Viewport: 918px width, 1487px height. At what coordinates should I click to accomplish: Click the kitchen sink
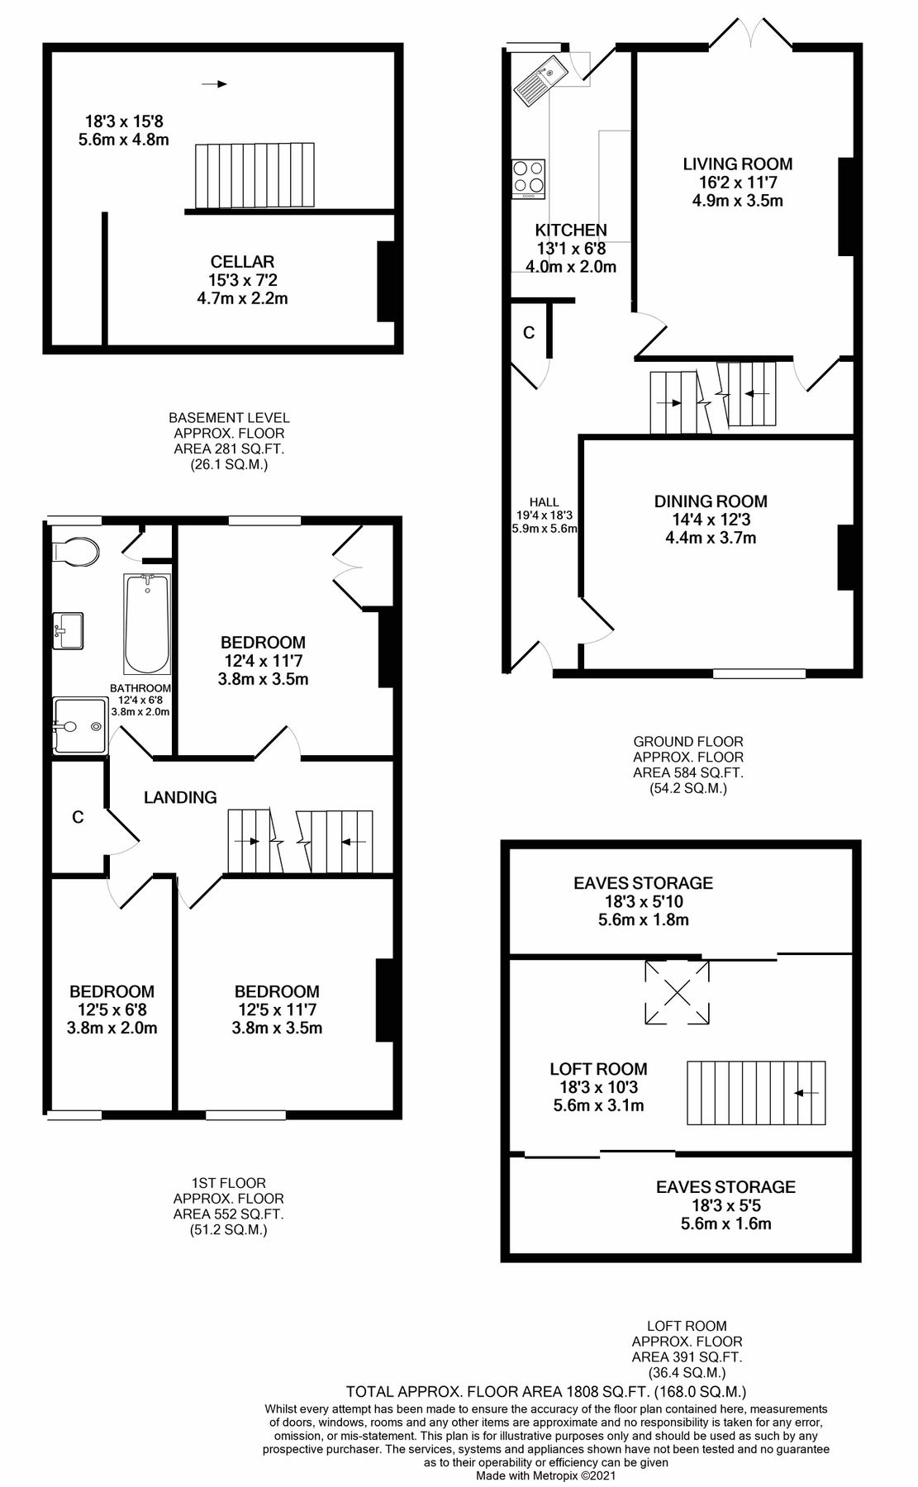538,79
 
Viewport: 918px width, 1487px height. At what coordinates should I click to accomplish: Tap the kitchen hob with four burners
529,176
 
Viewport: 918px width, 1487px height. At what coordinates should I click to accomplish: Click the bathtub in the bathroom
147,625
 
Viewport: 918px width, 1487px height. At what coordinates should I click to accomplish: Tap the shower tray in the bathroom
80,726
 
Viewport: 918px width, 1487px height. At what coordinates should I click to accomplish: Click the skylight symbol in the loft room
676,991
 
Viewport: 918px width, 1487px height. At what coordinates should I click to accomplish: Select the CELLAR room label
242,262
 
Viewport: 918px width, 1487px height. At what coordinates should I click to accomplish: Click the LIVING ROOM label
737,164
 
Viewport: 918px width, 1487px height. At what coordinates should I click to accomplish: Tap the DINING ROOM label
711,501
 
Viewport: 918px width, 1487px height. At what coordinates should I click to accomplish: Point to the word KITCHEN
571,230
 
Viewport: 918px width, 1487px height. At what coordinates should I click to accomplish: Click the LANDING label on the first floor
180,797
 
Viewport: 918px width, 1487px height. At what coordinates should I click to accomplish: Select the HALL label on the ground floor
544,501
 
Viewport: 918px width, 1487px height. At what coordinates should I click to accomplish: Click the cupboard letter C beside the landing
78,817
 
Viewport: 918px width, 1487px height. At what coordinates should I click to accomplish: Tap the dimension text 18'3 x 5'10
643,901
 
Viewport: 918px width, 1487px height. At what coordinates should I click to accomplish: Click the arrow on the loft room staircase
806,1093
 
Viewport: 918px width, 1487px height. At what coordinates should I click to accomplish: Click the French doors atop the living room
752,33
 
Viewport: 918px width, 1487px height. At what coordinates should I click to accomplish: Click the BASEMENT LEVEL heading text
229,418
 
